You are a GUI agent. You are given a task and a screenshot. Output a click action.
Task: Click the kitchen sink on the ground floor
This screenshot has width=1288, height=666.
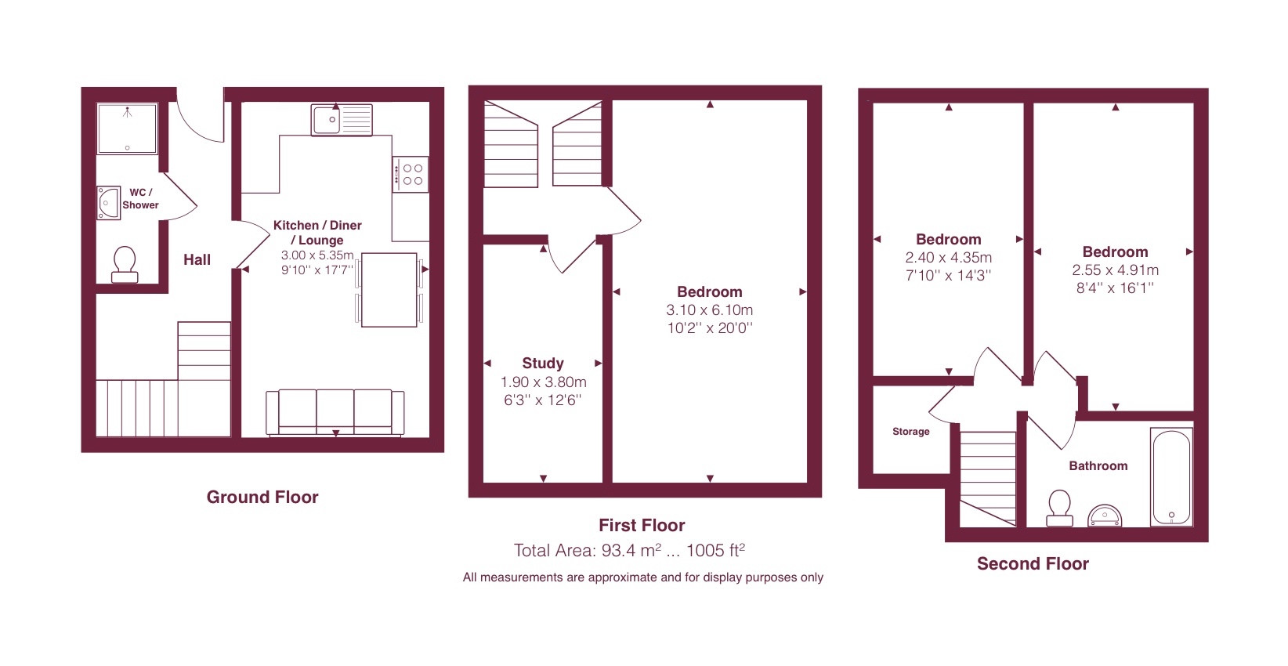coord(342,120)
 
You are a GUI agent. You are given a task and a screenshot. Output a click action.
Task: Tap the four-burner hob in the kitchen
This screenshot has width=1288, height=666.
coord(411,174)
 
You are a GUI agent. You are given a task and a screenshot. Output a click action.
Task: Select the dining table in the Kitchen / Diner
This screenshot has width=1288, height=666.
coord(389,290)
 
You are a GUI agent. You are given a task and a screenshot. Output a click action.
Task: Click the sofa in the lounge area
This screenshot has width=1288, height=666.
coord(335,413)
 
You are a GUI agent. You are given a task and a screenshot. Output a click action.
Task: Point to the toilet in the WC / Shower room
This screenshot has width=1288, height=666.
coord(125,265)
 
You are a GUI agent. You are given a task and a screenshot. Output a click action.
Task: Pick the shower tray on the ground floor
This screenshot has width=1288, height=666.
coord(127,128)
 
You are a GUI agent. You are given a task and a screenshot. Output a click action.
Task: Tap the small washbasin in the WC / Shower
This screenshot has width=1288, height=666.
coord(108,202)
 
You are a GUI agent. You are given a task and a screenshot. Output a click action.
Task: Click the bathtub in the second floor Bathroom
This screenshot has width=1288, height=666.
coord(1171,477)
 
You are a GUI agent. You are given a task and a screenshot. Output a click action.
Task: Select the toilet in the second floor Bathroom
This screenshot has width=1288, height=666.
coord(1059,508)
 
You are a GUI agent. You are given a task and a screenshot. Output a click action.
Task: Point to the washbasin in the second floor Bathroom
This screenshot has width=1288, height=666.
coord(1105,516)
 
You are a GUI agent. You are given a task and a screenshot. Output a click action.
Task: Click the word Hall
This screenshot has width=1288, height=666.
coord(197,260)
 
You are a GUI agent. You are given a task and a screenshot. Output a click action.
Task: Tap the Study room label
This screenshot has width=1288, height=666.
coord(543,363)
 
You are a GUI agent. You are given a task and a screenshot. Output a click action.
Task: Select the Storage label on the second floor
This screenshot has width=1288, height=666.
coord(911,432)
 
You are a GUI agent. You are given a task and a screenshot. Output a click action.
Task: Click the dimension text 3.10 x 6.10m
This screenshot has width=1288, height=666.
coord(710,310)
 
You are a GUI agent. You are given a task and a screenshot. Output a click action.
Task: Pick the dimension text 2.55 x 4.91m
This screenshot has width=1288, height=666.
coord(1115,270)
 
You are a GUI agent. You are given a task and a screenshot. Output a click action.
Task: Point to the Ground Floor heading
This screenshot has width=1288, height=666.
coord(262,497)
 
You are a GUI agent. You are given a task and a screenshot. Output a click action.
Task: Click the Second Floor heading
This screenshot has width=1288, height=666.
coord(1033,563)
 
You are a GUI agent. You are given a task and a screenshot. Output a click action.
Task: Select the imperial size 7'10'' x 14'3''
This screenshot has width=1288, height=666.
coord(948,276)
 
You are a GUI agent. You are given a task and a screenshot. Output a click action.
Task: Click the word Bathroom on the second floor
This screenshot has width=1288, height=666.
coord(1098,466)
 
